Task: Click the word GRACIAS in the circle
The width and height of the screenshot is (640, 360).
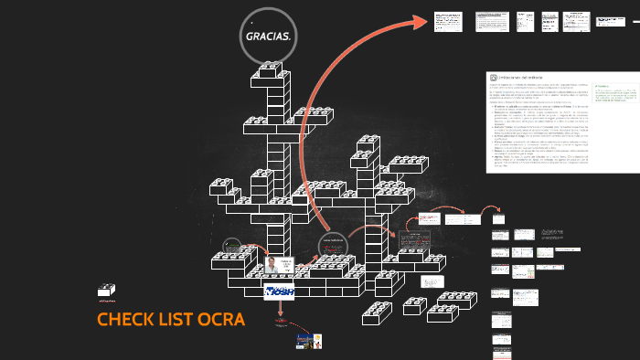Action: (x=267, y=37)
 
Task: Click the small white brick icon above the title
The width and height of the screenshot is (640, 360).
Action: (x=106, y=291)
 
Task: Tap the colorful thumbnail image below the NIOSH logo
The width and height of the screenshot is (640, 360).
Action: (x=308, y=341)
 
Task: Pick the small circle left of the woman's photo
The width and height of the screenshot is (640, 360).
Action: (x=232, y=248)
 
